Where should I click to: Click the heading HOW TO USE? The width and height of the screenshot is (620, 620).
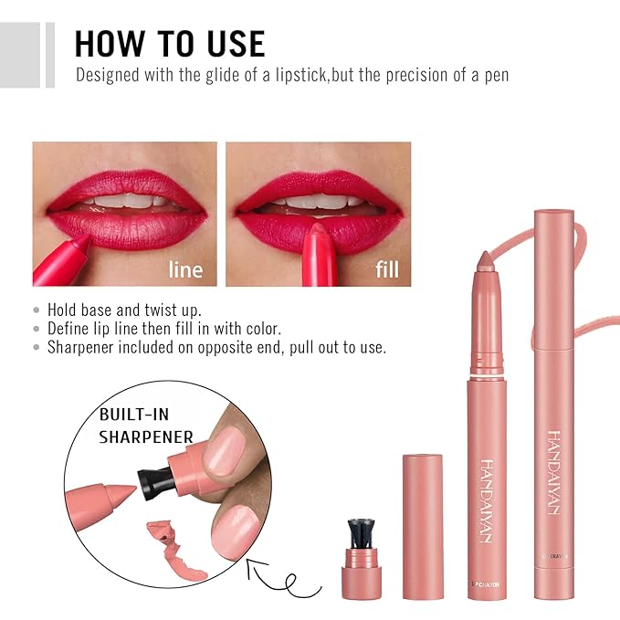[x=170, y=43]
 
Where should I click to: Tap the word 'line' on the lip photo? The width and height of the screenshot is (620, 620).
[x=185, y=269]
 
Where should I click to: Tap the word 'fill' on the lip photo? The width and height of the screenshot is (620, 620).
[x=386, y=269]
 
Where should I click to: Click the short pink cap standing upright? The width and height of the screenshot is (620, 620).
[x=422, y=525]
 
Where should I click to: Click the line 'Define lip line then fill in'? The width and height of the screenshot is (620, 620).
[x=164, y=329]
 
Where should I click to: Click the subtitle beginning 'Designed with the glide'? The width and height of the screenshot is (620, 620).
[x=291, y=75]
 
